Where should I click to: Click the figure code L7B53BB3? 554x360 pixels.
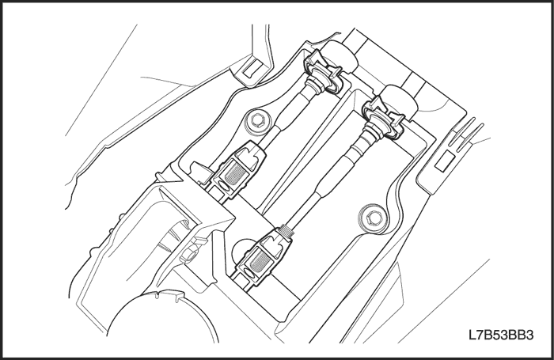point(501,335)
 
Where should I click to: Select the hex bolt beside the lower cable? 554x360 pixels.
point(370,217)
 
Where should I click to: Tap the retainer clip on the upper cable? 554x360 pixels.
point(323,72)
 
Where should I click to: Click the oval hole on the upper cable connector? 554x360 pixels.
point(224,186)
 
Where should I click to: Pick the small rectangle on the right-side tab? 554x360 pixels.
point(445,161)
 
